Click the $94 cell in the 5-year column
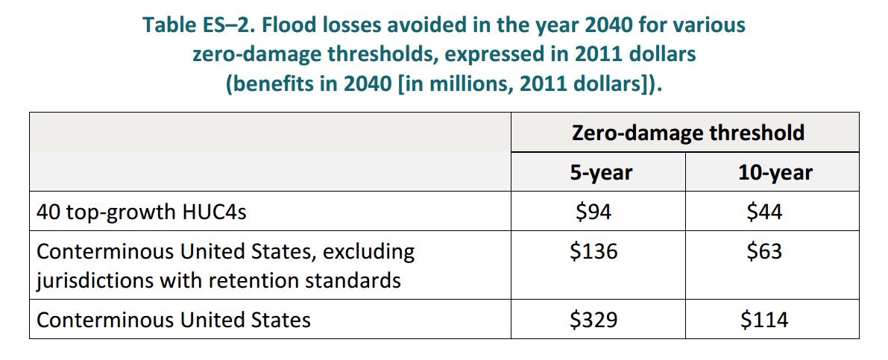pyautogui.click(x=593, y=212)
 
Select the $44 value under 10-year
pyautogui.click(x=764, y=212)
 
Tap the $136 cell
pyautogui.click(x=593, y=251)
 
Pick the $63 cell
pyautogui.click(x=764, y=251)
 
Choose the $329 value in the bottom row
pyautogui.click(x=593, y=320)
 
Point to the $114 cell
pyautogui.click(x=764, y=320)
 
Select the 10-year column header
pyautogui.click(x=772, y=173)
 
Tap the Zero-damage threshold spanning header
pyautogui.click(x=687, y=133)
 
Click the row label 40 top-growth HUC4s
pyautogui.click(x=142, y=212)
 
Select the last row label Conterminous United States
pyautogui.click(x=174, y=320)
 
